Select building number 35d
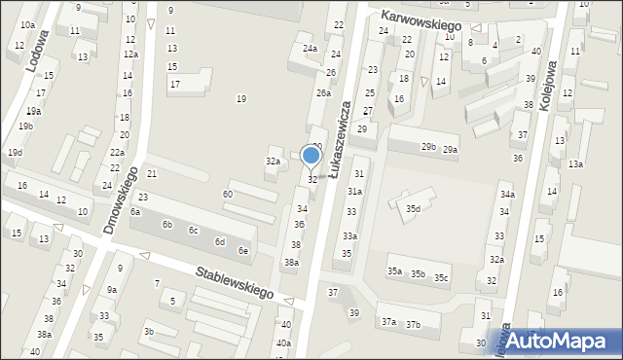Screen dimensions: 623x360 click(x=414, y=209)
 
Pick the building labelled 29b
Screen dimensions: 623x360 click(x=428, y=147)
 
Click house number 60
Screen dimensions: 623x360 click(x=227, y=195)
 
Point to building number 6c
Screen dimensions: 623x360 click(x=194, y=231)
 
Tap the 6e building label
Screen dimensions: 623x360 click(x=244, y=251)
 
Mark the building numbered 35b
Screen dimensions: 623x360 click(x=418, y=273)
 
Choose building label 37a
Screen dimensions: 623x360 click(x=388, y=322)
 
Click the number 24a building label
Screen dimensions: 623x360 click(x=310, y=49)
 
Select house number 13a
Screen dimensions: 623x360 click(x=575, y=163)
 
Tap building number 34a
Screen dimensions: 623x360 click(x=507, y=196)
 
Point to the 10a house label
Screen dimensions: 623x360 click(x=27, y=25)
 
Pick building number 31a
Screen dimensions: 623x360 click(x=355, y=193)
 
